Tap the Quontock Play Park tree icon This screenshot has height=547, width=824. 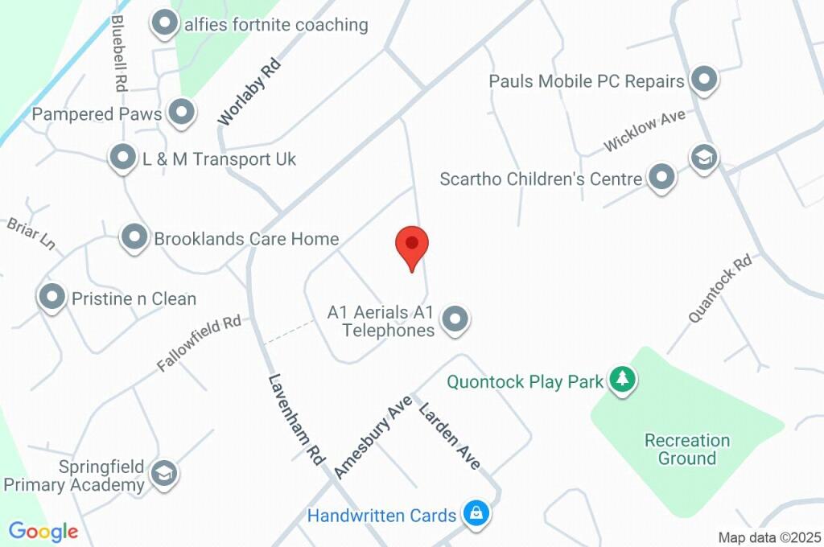point(621,379)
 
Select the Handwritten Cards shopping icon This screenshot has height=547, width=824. point(476,512)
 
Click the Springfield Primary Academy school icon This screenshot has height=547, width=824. point(164,474)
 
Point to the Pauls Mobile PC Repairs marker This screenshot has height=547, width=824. point(704,80)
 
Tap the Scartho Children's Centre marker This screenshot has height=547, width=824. point(661,177)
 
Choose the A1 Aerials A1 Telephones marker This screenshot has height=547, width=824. point(456,319)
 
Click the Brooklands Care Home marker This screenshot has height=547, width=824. point(134,237)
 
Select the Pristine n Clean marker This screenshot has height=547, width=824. point(53,298)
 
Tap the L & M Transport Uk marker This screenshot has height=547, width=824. point(122,158)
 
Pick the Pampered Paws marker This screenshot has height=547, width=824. point(182,113)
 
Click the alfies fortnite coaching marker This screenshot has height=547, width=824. point(165,24)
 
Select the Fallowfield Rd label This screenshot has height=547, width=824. point(199,343)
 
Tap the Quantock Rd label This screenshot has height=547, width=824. point(719,288)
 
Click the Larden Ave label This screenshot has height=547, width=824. point(450,435)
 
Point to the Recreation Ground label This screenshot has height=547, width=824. point(686,449)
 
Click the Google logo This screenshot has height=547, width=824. point(43,531)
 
